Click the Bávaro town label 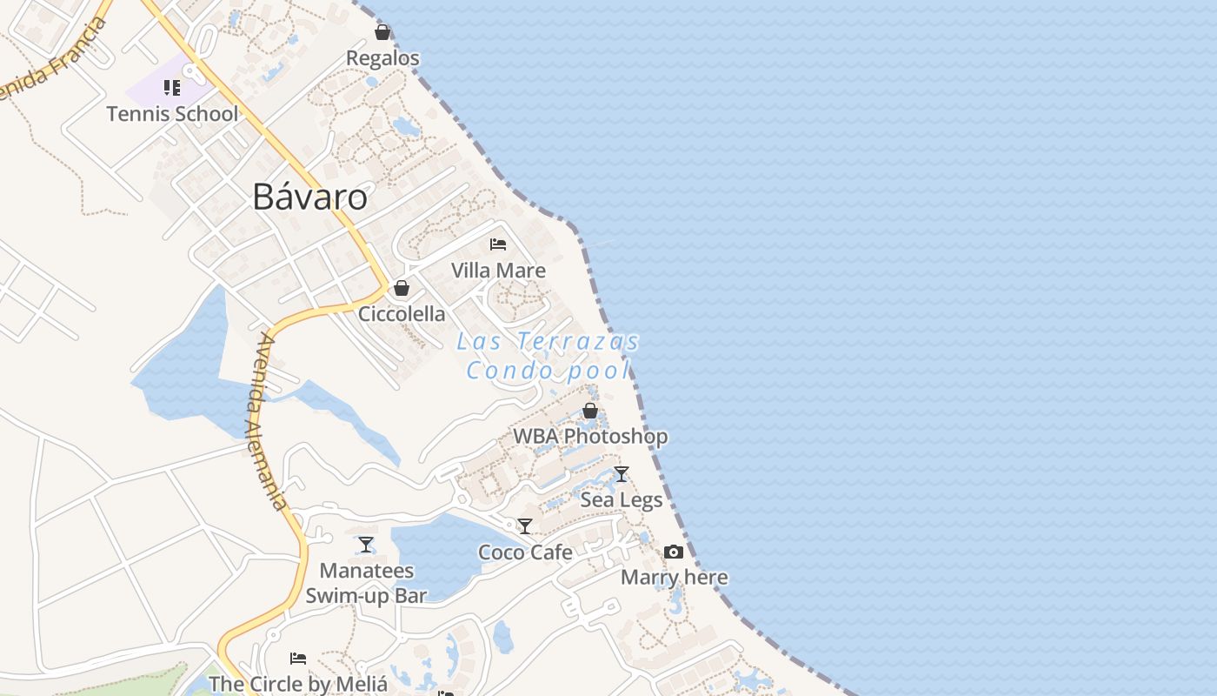point(309,197)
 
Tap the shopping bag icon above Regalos point(382,32)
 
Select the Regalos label point(382,58)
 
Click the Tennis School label point(172,114)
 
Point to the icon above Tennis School point(172,88)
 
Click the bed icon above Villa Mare point(498,244)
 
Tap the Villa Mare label point(498,271)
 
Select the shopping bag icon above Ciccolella point(402,287)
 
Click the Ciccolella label point(402,314)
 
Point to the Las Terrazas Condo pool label point(549,356)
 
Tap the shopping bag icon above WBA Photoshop point(590,410)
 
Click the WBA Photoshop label point(590,436)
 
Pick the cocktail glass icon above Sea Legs point(622,474)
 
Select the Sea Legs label point(622,500)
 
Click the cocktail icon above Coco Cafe point(525,526)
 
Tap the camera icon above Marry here point(674,552)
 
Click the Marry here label point(675,578)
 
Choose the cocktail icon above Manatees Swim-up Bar point(366,545)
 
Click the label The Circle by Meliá point(298,684)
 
